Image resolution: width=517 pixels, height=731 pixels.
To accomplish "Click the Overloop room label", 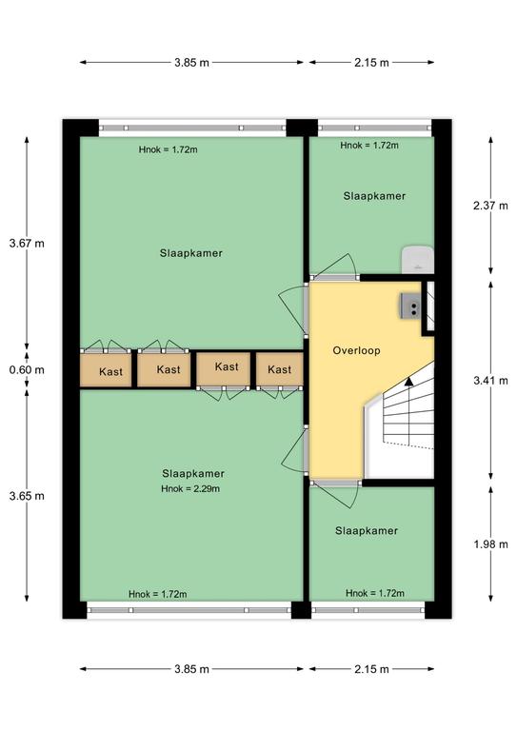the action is click(356, 350).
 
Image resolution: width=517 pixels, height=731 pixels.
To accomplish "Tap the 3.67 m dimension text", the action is click(27, 243).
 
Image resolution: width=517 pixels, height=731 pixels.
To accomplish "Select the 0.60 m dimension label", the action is click(27, 369).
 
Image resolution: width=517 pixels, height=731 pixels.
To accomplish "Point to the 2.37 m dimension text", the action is click(490, 206).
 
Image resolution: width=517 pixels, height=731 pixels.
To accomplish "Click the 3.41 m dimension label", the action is click(490, 381).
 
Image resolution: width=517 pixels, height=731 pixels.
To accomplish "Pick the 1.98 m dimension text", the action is click(490, 544).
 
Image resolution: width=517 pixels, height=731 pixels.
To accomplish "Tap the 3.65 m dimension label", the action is click(27, 496).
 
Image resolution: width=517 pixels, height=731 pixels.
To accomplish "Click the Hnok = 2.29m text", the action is click(190, 488).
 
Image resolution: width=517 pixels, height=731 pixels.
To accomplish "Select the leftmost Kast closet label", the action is click(111, 371).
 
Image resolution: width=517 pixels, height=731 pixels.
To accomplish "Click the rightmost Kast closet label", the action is click(279, 369).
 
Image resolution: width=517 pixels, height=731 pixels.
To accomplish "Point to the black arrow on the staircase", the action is click(408, 382).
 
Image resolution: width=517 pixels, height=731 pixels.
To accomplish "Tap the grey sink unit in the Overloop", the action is click(410, 306).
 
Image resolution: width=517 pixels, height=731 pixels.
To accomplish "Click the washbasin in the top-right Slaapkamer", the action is click(418, 259).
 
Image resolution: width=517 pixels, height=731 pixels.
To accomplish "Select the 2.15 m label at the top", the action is click(371, 63).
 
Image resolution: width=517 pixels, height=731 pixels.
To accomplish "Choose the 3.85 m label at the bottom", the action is click(191, 669).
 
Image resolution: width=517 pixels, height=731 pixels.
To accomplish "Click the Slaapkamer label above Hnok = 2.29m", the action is click(193, 474).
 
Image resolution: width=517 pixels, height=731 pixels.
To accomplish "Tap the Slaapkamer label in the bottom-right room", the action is click(367, 530).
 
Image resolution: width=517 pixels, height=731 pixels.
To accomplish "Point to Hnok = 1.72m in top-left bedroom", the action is click(168, 149).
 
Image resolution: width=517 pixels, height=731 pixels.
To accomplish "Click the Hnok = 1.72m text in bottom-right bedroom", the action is click(375, 593).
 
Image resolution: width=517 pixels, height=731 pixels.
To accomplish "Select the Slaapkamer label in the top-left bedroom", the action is click(191, 253).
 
